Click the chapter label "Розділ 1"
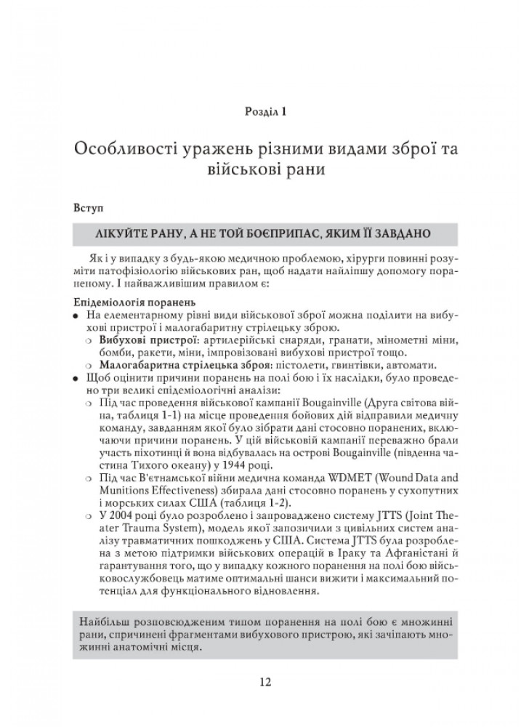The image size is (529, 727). click(x=264, y=111)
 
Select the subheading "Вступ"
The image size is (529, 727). click(x=88, y=207)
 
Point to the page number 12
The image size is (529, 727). click(x=264, y=682)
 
